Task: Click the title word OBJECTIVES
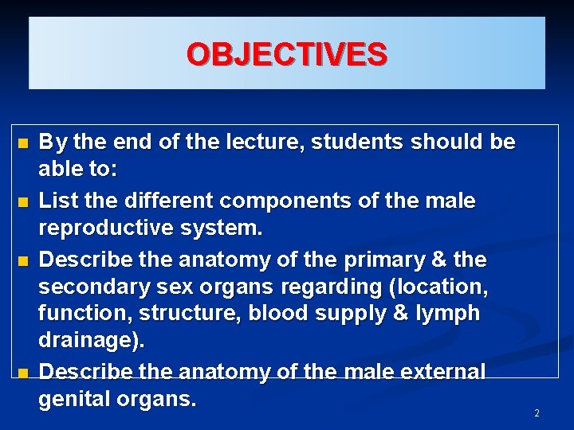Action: (287, 54)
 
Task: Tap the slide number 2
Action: (537, 413)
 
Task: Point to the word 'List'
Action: (57, 201)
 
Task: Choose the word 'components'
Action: (297, 201)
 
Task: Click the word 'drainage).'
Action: (91, 341)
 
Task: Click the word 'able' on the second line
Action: (58, 170)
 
